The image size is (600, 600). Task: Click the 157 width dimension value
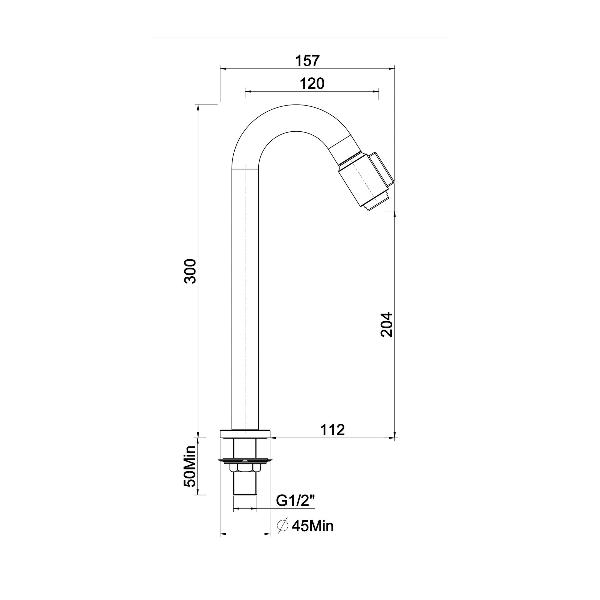tap(307, 60)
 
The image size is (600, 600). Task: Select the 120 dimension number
tap(312, 84)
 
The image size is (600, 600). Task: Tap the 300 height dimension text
tap(190, 271)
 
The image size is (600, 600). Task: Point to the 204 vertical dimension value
tap(387, 325)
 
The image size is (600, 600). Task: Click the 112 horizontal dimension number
tap(332, 430)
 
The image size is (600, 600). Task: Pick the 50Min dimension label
tap(190, 471)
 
